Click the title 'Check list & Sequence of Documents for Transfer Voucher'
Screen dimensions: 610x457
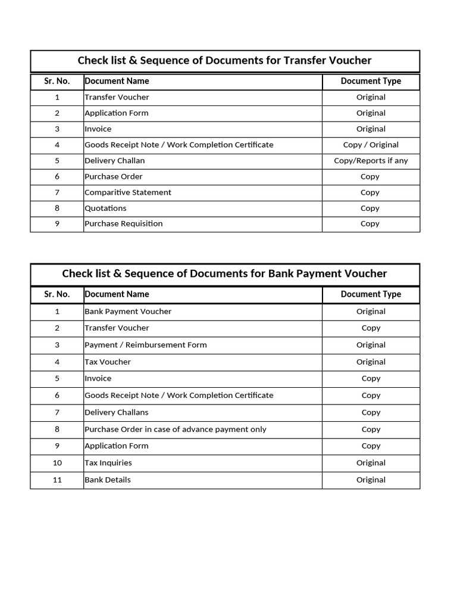coord(224,61)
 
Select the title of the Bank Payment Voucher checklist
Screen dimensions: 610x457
coord(224,273)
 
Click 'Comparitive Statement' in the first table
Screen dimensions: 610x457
coord(128,192)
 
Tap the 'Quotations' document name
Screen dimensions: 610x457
coord(105,208)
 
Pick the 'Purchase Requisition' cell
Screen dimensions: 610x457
coord(123,224)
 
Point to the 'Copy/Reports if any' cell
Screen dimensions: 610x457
coord(371,161)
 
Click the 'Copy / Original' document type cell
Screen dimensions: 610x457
coord(371,145)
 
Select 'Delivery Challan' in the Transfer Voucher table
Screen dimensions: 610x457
coord(114,161)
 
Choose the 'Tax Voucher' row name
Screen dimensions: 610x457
coord(108,362)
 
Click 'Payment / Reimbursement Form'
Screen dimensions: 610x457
coord(146,345)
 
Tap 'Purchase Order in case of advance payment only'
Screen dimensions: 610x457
coord(176,430)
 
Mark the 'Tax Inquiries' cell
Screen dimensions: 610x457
coord(108,463)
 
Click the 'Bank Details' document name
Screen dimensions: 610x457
coord(108,480)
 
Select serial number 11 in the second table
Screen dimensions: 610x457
coord(57,480)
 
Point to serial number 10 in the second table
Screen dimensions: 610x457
coord(57,463)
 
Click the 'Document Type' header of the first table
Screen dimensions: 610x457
coord(371,81)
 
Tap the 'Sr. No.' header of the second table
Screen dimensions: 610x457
coord(57,294)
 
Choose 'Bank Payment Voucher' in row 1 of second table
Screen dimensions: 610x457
coord(128,312)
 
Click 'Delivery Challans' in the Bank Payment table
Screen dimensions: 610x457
coord(117,412)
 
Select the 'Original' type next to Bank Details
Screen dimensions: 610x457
coord(371,480)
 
